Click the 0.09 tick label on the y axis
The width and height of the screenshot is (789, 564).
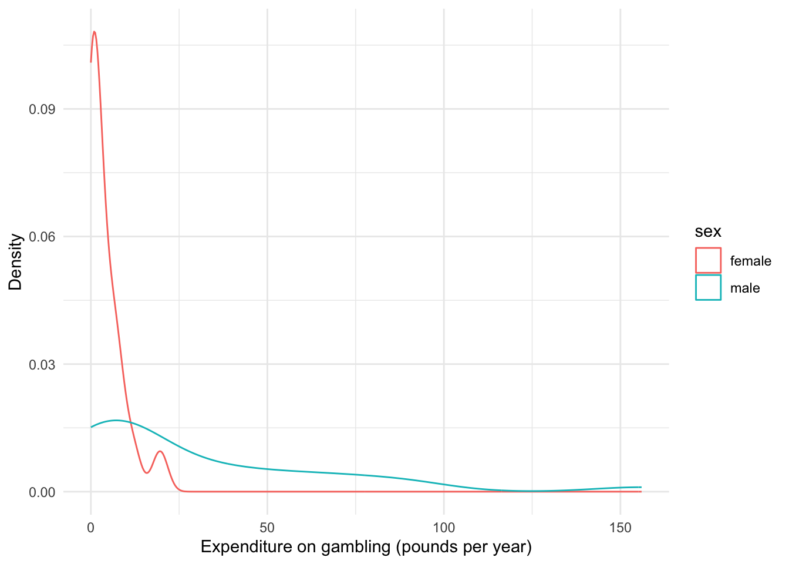[42, 109]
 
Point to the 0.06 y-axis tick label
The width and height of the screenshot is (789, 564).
[42, 237]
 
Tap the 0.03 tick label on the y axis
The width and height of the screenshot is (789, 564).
[42, 364]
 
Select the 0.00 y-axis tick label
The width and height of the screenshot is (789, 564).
[42, 492]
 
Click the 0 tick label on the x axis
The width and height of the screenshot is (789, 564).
[91, 528]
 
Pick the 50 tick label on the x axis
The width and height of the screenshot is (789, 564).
[267, 528]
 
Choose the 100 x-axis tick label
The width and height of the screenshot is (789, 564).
[444, 528]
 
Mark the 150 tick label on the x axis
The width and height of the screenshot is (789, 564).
[621, 528]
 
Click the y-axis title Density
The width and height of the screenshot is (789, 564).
[16, 262]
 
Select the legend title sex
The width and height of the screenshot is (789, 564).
[708, 231]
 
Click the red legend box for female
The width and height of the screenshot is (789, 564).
[708, 260]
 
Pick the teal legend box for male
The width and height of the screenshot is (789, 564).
[708, 288]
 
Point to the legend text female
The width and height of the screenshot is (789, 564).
[750, 261]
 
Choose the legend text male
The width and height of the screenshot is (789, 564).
[745, 288]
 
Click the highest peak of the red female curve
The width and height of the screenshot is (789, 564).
[94, 32]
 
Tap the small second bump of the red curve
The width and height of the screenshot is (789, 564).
[160, 451]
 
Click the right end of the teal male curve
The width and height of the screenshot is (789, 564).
[640, 487]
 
